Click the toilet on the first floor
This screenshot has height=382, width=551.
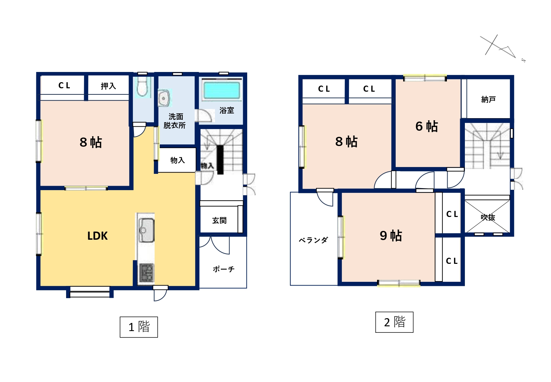click(142, 86)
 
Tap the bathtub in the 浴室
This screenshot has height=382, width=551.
click(222, 90)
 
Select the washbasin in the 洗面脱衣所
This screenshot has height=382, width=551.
click(164, 98)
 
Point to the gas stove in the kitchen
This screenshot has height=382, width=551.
click(146, 273)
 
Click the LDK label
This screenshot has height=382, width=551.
click(97, 236)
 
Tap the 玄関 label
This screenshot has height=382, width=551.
click(219, 220)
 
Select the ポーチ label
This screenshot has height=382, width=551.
click(223, 269)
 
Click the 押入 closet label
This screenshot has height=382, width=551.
click(108, 86)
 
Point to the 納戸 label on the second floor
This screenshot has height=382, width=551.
click(488, 99)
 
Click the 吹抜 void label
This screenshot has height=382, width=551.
click(488, 217)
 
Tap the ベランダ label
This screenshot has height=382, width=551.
click(313, 240)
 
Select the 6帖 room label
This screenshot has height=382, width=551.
click(427, 127)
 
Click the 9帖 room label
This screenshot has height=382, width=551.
click(391, 236)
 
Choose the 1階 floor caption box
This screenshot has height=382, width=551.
click(139, 327)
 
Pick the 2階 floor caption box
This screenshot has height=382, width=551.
click(394, 322)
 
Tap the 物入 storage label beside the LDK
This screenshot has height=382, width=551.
click(178, 160)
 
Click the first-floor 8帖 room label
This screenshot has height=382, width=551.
click(91, 142)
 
